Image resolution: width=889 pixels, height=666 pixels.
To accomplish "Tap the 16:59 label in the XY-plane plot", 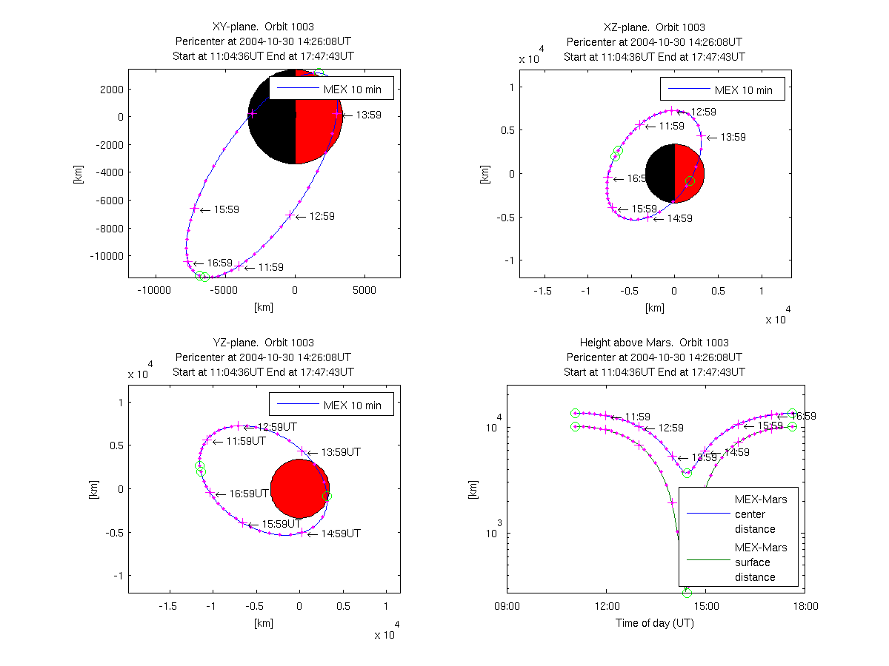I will [x=219, y=263].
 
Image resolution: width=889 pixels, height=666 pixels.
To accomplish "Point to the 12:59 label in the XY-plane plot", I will [x=322, y=216].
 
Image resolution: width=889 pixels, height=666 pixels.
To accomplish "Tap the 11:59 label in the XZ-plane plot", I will [x=670, y=126].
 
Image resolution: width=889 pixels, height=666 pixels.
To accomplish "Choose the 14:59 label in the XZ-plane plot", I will [x=679, y=218].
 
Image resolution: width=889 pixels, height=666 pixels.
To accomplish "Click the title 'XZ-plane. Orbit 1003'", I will [x=654, y=27].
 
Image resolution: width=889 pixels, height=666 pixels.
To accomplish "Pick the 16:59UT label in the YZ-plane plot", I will [x=248, y=493].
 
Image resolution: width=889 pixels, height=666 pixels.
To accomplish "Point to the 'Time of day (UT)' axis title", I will [x=654, y=622].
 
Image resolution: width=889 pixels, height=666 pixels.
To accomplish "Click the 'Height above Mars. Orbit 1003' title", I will [x=654, y=343].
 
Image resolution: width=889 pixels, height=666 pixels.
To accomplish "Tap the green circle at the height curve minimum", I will [x=687, y=592].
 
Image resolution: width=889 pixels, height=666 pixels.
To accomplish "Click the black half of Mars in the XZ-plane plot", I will [x=660, y=173].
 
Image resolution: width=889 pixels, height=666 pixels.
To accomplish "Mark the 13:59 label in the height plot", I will [x=704, y=457].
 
